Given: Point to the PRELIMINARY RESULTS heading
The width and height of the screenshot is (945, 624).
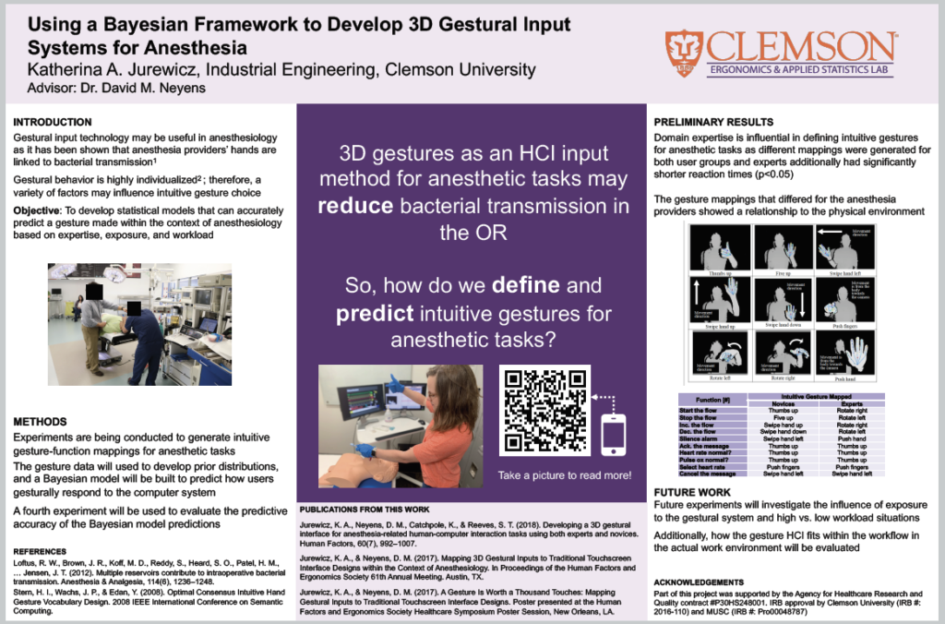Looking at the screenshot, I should (713, 122).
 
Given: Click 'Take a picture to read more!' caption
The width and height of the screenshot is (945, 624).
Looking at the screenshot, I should (565, 475).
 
